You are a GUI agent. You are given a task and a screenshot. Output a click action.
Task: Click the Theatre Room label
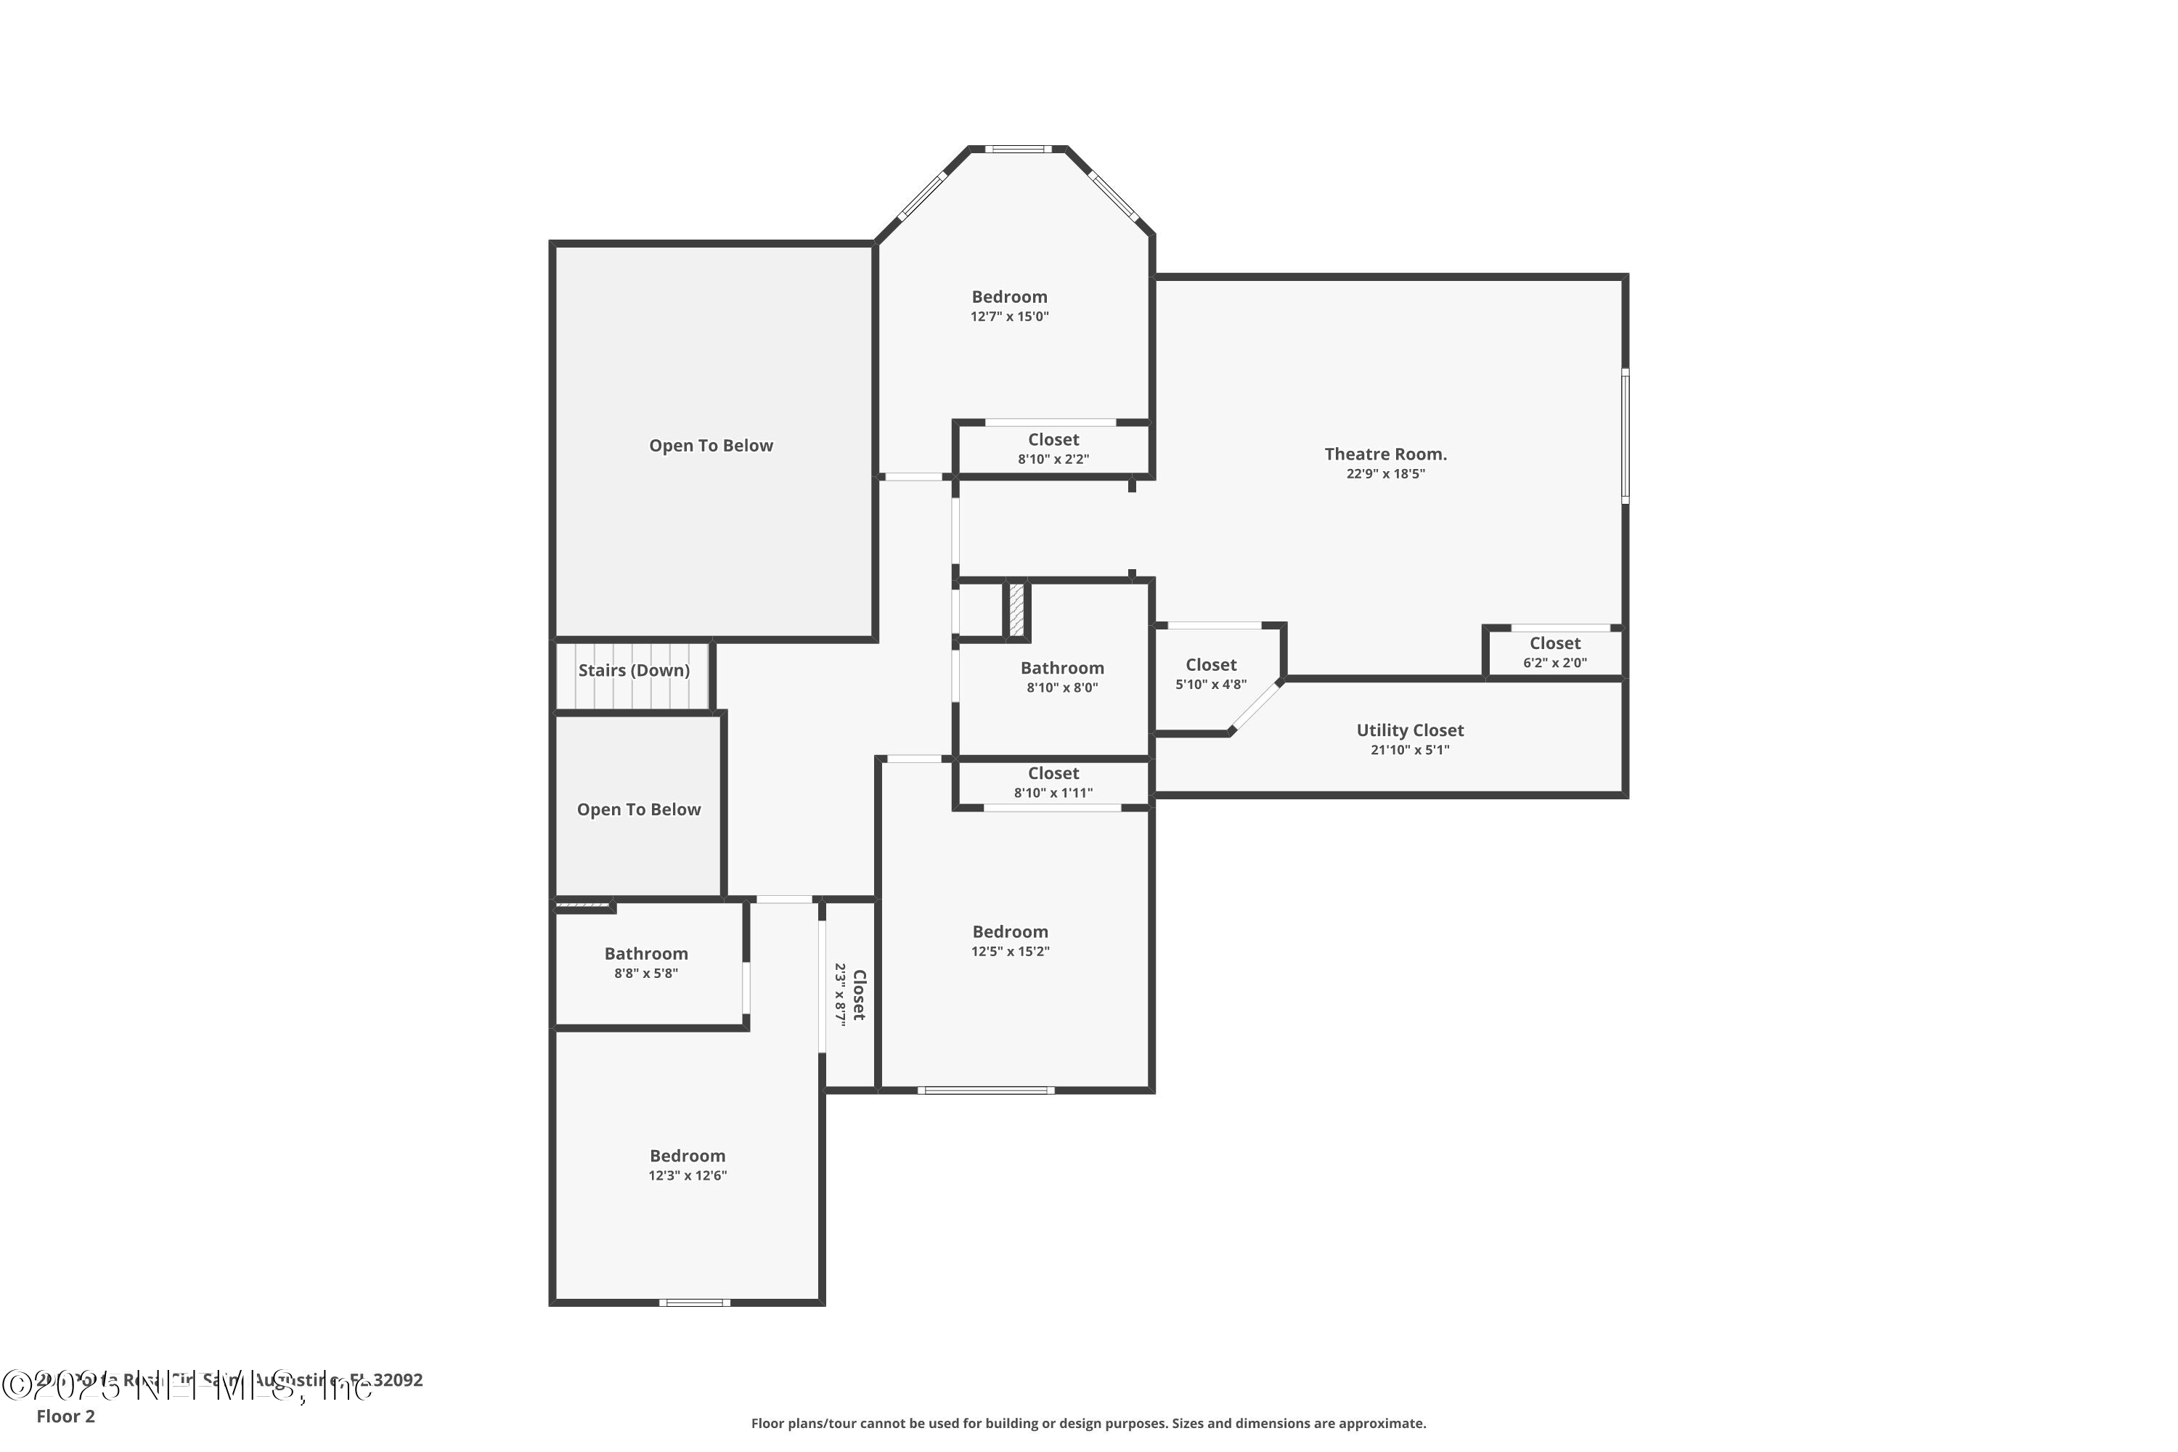[x=1384, y=454]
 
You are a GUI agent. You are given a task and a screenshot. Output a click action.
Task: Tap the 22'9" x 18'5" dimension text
[x=1384, y=474]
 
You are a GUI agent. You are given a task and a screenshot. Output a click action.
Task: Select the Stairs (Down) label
[x=633, y=670]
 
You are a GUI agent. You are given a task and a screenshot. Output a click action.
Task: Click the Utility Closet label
[x=1409, y=730]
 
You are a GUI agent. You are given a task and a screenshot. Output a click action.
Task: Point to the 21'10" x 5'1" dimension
[x=1409, y=750]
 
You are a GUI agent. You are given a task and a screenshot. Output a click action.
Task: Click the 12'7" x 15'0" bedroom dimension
[x=1008, y=317]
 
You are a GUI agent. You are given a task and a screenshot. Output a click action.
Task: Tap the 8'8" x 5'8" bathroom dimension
[x=645, y=974]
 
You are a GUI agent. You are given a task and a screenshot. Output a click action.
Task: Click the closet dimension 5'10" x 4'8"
[x=1210, y=685]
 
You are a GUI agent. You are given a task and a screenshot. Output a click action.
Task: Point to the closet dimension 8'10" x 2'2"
[x=1053, y=460]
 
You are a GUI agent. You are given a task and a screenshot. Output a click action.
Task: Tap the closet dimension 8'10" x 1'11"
[x=1053, y=793]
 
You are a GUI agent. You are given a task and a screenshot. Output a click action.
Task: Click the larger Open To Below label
[x=710, y=446]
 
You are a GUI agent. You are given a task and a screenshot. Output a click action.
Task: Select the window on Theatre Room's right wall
[x=1624, y=435]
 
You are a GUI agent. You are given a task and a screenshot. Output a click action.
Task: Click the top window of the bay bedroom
[x=1017, y=148]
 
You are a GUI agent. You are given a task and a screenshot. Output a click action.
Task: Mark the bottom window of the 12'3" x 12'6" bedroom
[x=695, y=1302]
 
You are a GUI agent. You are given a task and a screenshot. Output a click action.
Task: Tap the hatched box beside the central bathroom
[x=1016, y=609]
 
